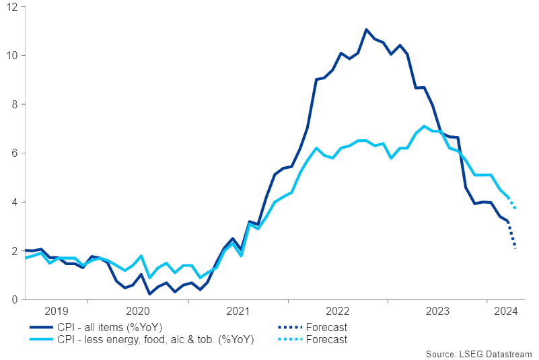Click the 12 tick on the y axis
pos(11,7)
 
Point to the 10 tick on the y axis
pos(11,55)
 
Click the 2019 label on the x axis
pos(56,311)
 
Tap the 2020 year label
pos(137,311)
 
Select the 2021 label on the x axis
pos(238,311)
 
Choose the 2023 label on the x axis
pos(437,311)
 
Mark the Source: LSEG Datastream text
pos(478,354)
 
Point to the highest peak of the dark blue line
pos(366,30)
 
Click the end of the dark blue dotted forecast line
pos(515,248)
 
